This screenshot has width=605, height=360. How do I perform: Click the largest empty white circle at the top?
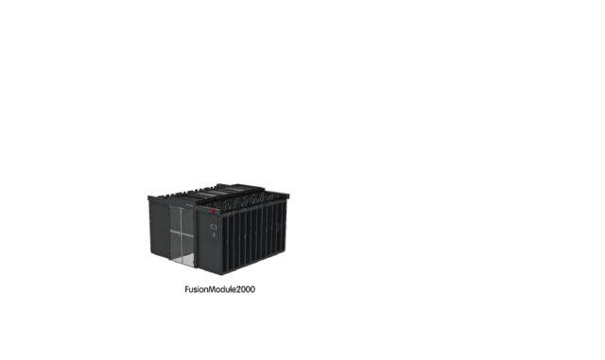point(262,49)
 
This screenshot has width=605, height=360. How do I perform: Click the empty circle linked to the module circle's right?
point(346,192)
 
